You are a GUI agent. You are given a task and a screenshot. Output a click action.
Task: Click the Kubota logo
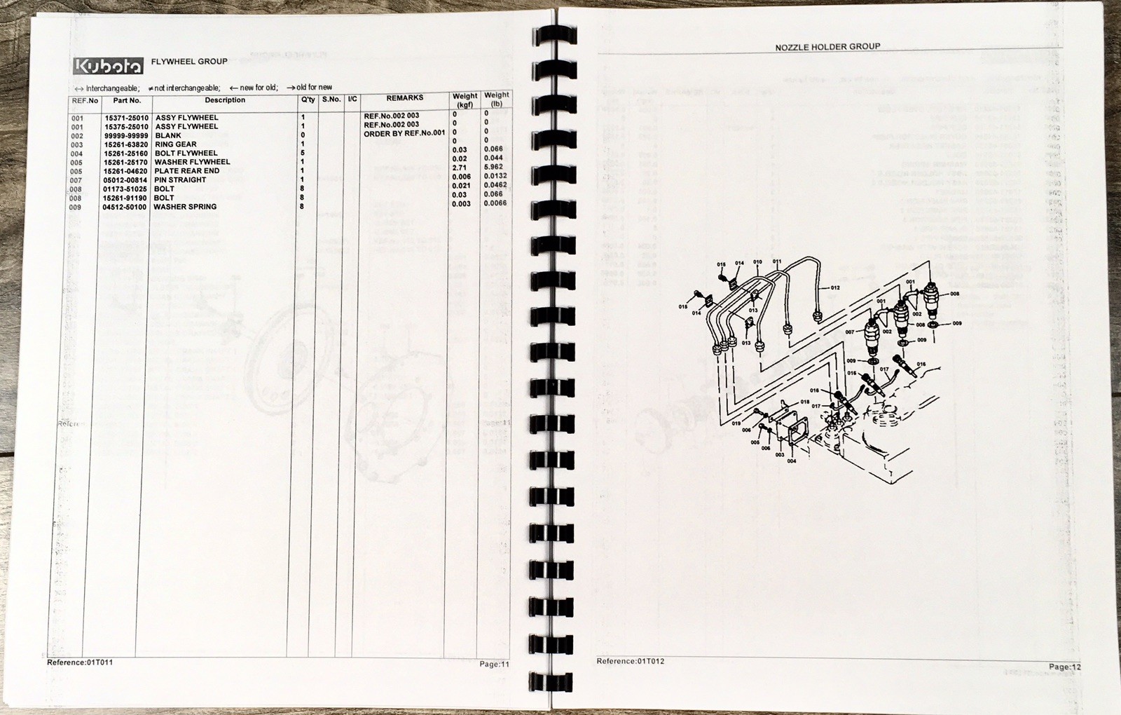tap(108, 66)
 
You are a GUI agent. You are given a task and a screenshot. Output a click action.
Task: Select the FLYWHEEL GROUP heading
tap(189, 62)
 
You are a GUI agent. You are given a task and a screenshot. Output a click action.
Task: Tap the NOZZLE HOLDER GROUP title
tap(827, 47)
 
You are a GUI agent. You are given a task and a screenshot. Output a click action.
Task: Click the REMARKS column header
tap(404, 98)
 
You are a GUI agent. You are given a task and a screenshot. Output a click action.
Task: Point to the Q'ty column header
tap(308, 100)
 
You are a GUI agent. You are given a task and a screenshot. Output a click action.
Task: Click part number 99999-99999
tap(126, 136)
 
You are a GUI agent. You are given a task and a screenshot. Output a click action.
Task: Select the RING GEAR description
tap(176, 144)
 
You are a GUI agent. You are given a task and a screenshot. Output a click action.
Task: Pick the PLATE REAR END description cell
tap(187, 171)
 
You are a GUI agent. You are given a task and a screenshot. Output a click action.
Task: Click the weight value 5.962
tap(493, 168)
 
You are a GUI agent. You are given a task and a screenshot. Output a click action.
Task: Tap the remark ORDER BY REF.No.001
tap(404, 133)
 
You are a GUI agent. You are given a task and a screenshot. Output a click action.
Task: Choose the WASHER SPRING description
tap(185, 207)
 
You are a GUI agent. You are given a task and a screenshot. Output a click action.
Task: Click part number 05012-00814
tap(125, 180)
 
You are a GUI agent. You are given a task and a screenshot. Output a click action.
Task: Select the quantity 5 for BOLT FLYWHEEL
tap(303, 153)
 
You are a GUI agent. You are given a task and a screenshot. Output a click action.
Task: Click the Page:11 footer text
tap(495, 664)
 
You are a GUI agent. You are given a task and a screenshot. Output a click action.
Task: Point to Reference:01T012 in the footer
tap(631, 661)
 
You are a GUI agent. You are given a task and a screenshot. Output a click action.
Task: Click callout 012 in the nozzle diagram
tap(835, 288)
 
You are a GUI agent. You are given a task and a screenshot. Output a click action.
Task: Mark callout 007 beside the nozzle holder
tap(850, 332)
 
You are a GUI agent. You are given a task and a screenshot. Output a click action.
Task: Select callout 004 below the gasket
tap(792, 461)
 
